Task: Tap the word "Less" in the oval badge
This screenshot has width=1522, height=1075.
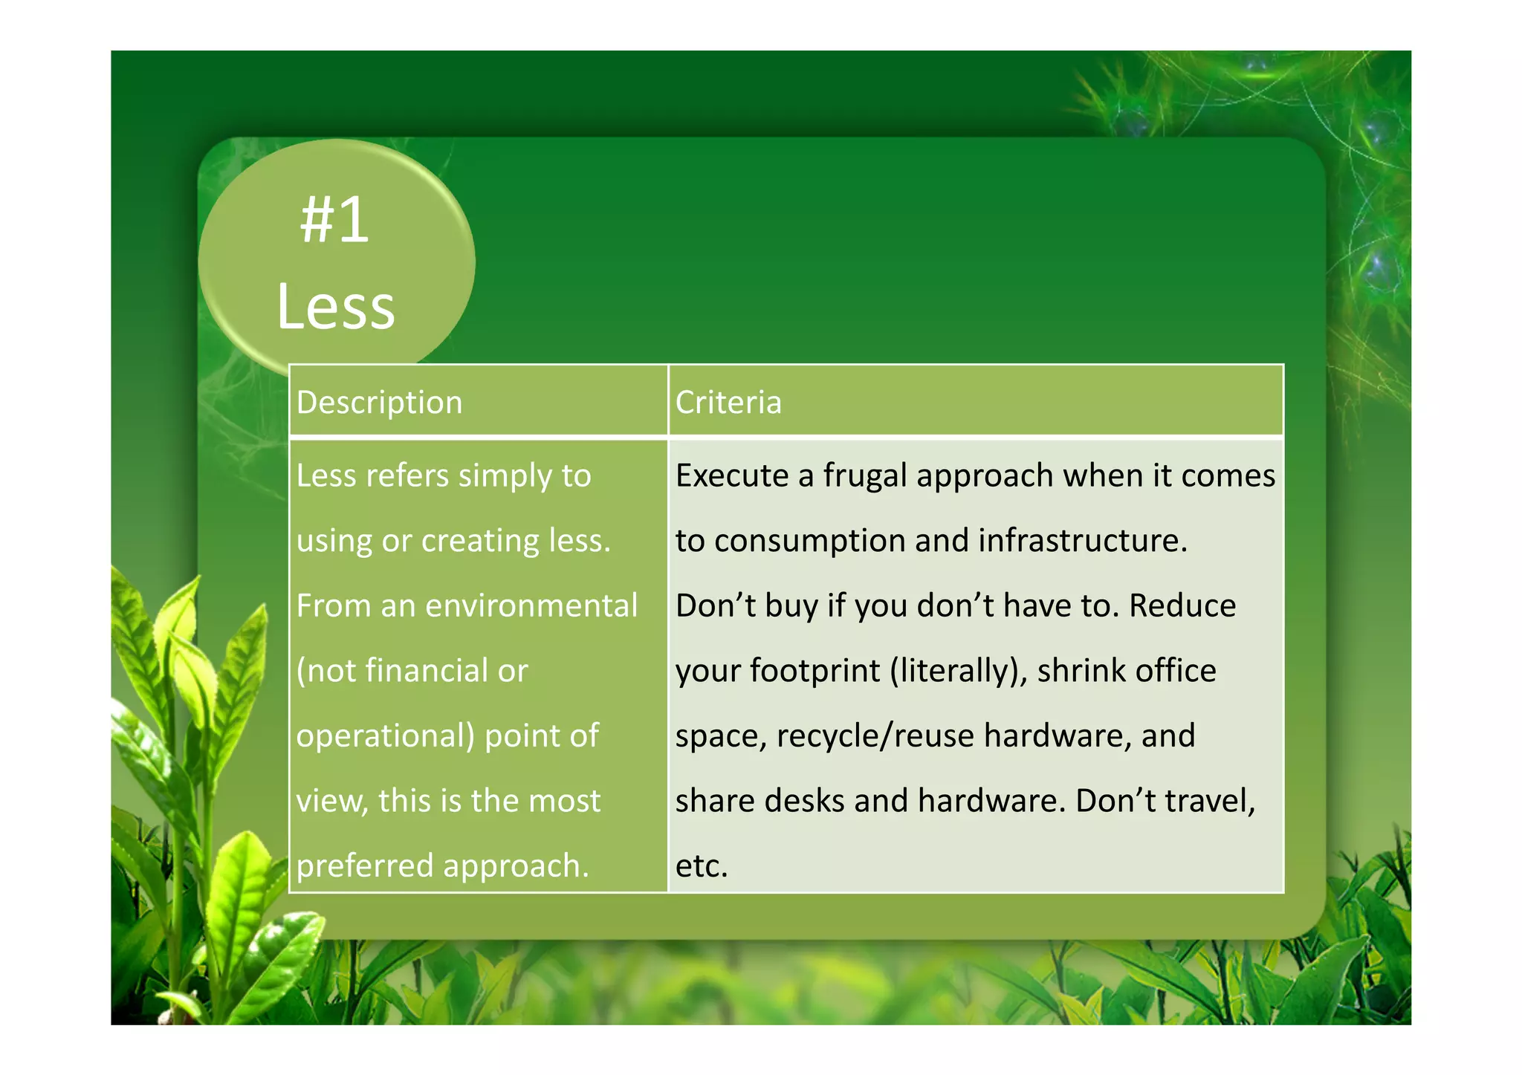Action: tap(335, 306)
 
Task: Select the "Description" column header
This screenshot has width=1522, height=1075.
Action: tap(379, 403)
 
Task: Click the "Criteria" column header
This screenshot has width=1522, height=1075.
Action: tap(728, 403)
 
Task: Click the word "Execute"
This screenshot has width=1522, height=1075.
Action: tap(732, 475)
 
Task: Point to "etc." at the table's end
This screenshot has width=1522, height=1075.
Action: tap(702, 866)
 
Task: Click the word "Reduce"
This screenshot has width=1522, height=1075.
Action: tap(1182, 605)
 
